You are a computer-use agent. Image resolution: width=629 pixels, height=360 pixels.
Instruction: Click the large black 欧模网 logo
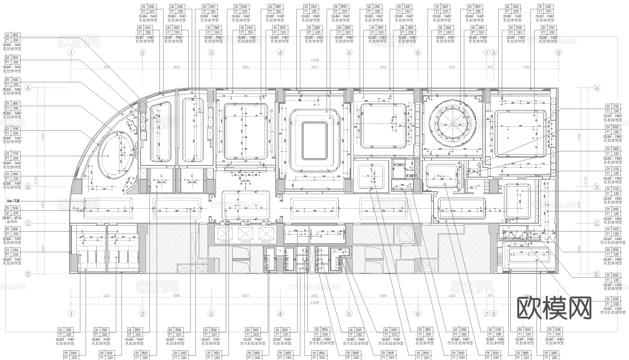(554, 309)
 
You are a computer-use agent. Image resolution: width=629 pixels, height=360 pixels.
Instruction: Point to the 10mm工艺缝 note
(13, 201)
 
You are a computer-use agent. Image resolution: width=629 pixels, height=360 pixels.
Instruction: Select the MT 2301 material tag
(13, 213)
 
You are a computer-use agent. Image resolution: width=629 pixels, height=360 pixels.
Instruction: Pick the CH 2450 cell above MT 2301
(13, 208)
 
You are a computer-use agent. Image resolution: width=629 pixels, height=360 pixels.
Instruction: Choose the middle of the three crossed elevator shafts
(245, 234)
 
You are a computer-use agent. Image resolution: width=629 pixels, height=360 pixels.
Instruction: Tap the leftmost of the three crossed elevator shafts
(224, 234)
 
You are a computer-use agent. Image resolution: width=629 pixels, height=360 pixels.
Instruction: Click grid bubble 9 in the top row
(558, 52)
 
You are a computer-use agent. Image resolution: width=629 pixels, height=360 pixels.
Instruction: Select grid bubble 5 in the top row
(349, 52)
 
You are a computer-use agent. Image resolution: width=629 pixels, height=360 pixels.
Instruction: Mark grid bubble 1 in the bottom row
(71, 314)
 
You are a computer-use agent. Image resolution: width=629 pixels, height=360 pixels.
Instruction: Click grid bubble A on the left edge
(28, 88)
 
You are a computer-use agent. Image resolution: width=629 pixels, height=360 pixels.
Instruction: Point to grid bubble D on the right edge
(596, 274)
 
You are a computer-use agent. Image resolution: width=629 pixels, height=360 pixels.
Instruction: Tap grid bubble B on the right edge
(596, 187)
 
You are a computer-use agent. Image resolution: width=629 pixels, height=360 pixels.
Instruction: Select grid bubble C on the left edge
(28, 224)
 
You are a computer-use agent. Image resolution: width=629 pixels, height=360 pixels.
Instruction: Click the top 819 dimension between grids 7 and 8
(490, 67)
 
